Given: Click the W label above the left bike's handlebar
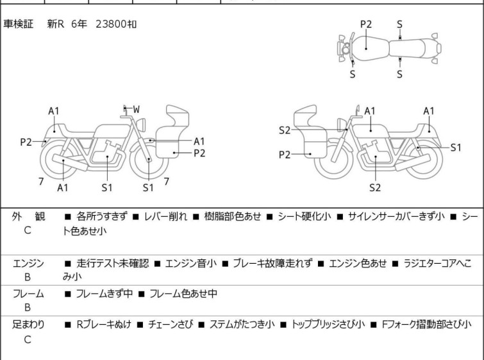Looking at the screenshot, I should coord(137,109).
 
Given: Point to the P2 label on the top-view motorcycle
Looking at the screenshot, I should coord(365,24).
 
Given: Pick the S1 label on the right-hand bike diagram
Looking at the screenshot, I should coord(456,147).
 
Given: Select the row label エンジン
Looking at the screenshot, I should coord(28,263).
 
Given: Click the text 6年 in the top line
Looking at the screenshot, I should coord(79,24).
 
